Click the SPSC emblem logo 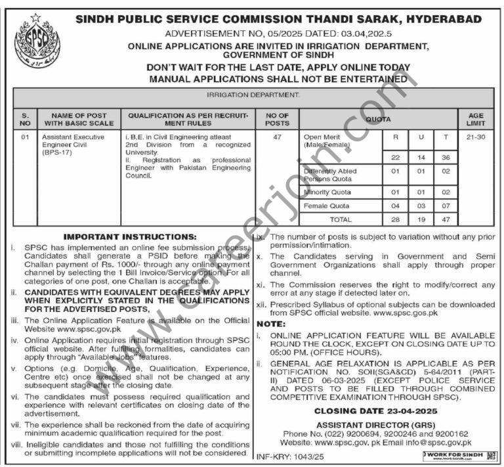coord(37,43)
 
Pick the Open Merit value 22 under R coord(395,158)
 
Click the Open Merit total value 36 coord(446,158)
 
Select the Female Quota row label coord(327,206)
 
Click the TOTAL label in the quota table coord(341,219)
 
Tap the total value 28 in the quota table coord(395,219)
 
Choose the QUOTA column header coord(378,119)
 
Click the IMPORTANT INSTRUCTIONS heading coord(129,236)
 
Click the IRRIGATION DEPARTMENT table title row coord(252,95)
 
